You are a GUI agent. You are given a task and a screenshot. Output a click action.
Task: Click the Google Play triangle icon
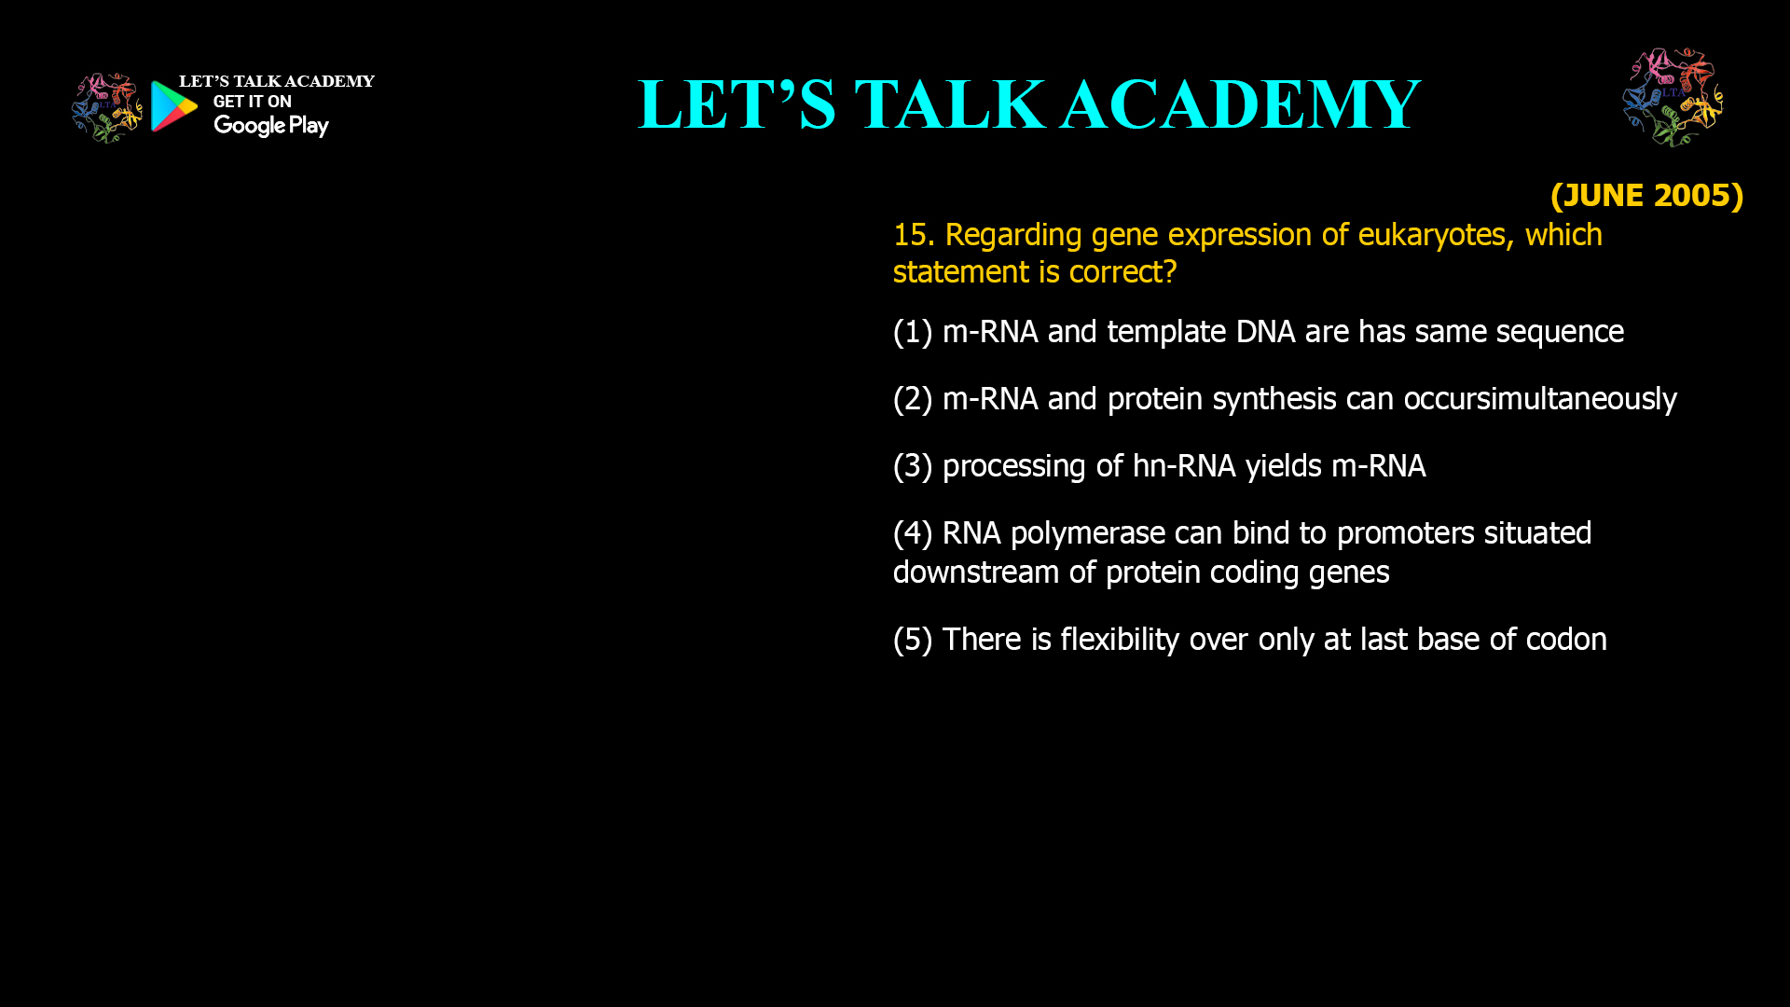[173, 106]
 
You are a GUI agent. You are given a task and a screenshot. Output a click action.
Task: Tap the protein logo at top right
[1673, 98]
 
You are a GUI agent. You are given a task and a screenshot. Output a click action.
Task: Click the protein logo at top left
[106, 108]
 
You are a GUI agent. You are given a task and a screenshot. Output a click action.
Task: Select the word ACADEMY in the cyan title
[1240, 104]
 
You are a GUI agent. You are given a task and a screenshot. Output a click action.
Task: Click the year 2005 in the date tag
[1692, 195]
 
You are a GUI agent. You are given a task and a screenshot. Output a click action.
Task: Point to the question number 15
[912, 235]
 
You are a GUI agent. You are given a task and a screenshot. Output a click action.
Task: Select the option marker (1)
[912, 332]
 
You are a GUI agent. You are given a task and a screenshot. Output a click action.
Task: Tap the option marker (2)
[912, 399]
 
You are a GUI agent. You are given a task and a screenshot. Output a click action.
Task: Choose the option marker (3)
[912, 466]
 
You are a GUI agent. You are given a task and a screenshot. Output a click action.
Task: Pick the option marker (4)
[912, 533]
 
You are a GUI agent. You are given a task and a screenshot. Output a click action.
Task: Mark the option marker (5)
[912, 640]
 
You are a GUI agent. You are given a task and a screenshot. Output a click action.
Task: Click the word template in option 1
[1166, 332]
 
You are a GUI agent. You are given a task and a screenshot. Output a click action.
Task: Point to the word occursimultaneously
[1539, 399]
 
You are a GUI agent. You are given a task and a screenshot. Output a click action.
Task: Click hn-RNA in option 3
[1184, 466]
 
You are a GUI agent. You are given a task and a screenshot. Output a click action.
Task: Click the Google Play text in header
[270, 126]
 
